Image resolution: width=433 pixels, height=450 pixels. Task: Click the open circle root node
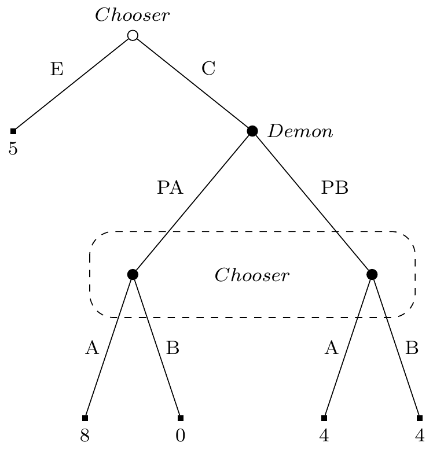[x=133, y=36]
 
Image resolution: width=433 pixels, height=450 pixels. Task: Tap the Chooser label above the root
[x=133, y=16]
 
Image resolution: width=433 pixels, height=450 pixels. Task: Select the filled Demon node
[x=252, y=131]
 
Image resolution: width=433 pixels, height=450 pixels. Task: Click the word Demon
[x=300, y=132]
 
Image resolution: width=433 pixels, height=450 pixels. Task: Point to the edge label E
[x=56, y=69]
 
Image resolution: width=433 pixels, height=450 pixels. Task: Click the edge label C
[x=208, y=69]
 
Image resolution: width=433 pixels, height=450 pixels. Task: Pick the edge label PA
[x=170, y=189]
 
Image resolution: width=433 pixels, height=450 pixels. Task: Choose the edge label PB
[x=335, y=189]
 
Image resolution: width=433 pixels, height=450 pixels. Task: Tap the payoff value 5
[x=13, y=149]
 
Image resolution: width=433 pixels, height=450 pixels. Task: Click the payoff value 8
[x=85, y=436]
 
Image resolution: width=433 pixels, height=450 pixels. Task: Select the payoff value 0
[x=181, y=436]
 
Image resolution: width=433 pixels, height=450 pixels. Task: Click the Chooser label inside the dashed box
[x=252, y=275]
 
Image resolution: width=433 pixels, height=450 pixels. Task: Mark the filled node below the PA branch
[x=133, y=274]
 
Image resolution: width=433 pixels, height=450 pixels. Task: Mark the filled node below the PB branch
[x=372, y=274]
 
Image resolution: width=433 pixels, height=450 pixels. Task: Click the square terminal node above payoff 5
[x=13, y=131]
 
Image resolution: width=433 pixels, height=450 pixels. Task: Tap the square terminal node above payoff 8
[x=85, y=418]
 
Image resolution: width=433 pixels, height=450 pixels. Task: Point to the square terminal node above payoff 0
[x=181, y=418]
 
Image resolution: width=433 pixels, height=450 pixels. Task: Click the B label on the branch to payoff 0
[x=173, y=348]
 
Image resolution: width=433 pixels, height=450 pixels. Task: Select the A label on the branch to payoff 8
[x=91, y=348]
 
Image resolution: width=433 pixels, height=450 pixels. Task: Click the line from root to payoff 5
[x=73, y=83]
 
